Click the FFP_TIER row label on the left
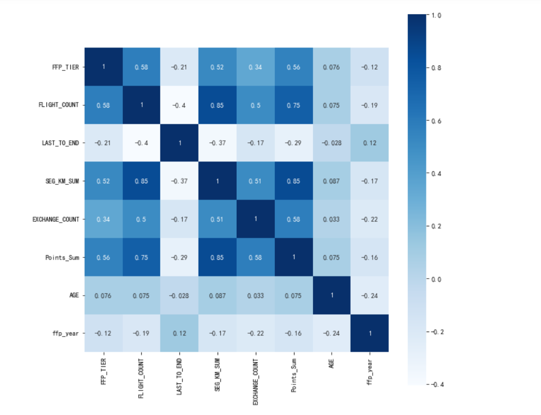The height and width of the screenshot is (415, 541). (64, 67)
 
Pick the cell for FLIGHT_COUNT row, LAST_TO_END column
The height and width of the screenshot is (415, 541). (179, 105)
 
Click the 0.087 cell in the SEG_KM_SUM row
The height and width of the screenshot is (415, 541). (332, 181)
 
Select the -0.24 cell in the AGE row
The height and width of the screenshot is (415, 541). (370, 295)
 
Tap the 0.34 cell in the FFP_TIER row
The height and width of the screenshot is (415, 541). (256, 67)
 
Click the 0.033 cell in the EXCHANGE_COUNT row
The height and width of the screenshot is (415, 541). (332, 219)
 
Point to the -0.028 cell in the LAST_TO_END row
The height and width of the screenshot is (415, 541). (332, 143)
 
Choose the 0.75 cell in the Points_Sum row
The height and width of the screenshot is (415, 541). (141, 257)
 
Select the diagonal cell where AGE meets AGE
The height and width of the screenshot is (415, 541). (332, 295)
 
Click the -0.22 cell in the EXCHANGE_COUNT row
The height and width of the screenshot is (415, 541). (370, 219)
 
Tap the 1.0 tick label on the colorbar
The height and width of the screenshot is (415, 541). (436, 16)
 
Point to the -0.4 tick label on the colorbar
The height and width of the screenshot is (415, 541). (437, 384)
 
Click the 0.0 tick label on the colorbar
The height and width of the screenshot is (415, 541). (436, 279)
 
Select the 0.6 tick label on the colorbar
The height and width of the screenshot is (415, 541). (436, 121)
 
